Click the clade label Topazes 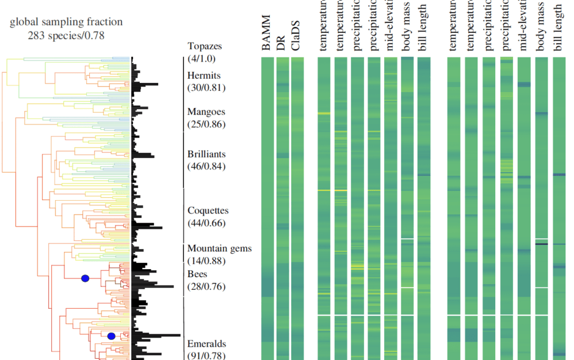pyautogui.click(x=204, y=46)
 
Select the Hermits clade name pyautogui.click(x=204, y=76)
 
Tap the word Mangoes pyautogui.click(x=206, y=112)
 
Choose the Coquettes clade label pyautogui.click(x=208, y=211)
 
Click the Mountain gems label pyautogui.click(x=219, y=248)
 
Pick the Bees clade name pyautogui.click(x=197, y=275)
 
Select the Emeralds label pyautogui.click(x=206, y=344)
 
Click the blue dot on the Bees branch pyautogui.click(x=85, y=279)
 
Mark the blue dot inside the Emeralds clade pyautogui.click(x=111, y=336)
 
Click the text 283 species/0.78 pyautogui.click(x=66, y=35)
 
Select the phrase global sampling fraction pyautogui.click(x=66, y=22)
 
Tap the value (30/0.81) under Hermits pyautogui.click(x=206, y=88)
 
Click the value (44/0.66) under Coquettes pyautogui.click(x=206, y=223)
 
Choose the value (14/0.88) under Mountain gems pyautogui.click(x=206, y=261)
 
